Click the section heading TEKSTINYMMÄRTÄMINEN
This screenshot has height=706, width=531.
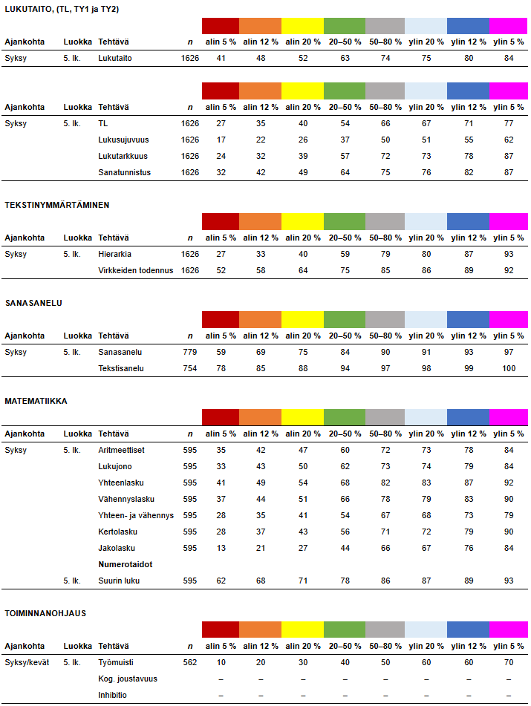tap(57, 204)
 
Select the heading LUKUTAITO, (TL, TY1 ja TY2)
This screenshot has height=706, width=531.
tap(61, 8)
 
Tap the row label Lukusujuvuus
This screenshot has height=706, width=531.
tap(123, 140)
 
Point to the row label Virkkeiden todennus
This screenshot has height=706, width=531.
tap(136, 270)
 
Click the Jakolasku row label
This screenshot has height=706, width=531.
tap(117, 548)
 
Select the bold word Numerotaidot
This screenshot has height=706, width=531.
tap(126, 564)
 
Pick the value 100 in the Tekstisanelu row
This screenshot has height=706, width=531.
tap(508, 368)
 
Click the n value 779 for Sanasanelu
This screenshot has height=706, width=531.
tap(190, 352)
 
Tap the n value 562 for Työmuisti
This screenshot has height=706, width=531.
tap(190, 662)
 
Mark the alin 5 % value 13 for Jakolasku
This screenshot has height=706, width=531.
tap(221, 548)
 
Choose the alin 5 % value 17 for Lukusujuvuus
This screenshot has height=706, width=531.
tap(221, 140)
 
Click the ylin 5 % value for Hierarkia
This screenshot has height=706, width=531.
tap(508, 254)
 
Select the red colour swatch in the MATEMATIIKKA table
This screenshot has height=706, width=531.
tap(221, 417)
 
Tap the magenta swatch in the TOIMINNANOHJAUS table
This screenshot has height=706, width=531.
tap(508, 630)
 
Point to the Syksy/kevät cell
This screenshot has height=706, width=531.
tap(27, 662)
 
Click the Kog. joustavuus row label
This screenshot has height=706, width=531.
tap(128, 679)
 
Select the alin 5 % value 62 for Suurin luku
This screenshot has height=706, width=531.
tap(221, 581)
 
